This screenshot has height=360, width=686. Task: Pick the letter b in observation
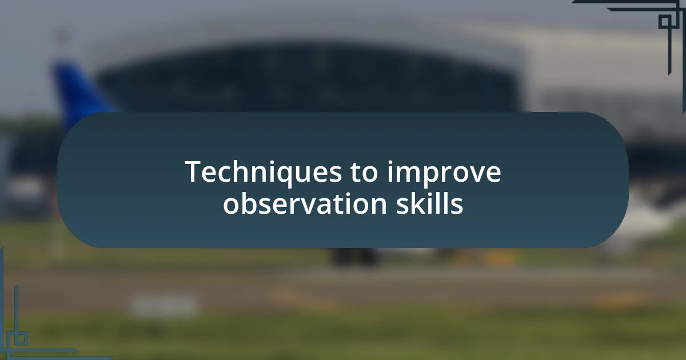click(x=250, y=203)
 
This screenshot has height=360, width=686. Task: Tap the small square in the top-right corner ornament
click(x=664, y=22)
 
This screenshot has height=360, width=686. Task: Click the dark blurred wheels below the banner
click(x=354, y=257)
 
